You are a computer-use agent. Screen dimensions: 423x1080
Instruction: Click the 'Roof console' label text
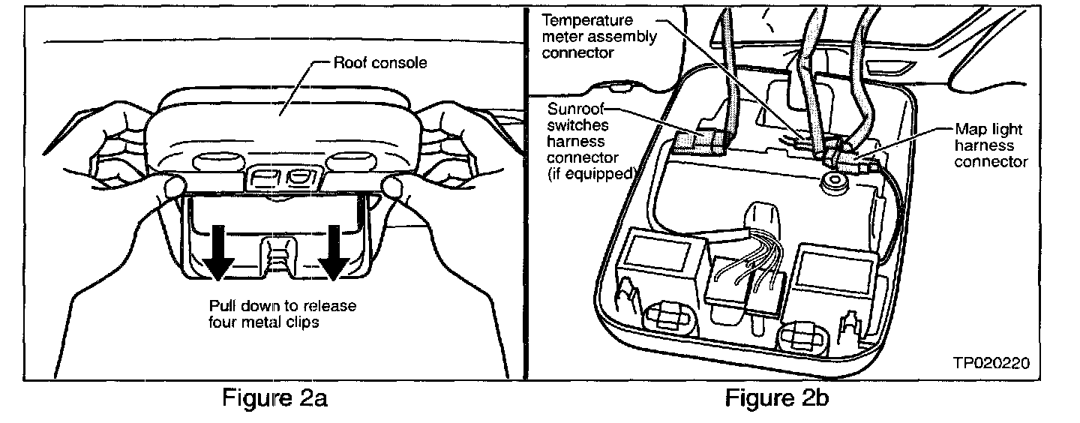(x=380, y=63)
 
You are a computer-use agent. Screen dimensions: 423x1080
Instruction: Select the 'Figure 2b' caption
(x=777, y=399)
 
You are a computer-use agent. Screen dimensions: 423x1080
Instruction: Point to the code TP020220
(x=991, y=363)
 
